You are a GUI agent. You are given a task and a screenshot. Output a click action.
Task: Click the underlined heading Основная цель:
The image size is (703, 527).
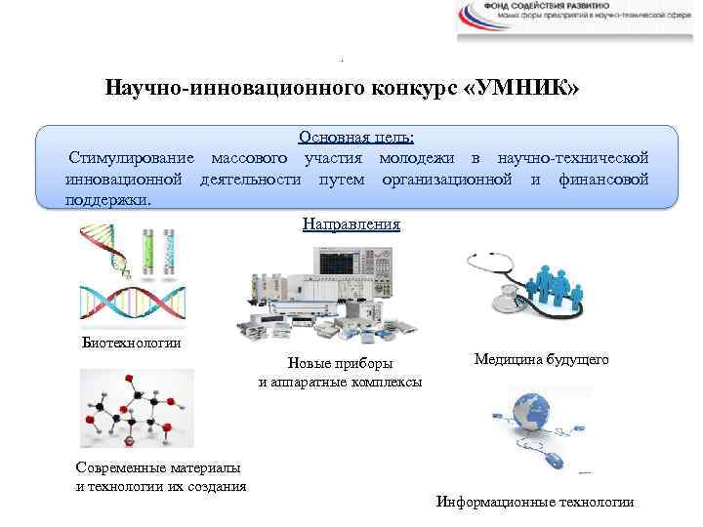[x=356, y=139]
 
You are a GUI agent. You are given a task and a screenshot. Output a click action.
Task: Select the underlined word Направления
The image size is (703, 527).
[x=351, y=224]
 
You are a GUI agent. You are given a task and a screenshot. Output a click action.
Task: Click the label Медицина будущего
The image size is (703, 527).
[x=541, y=360]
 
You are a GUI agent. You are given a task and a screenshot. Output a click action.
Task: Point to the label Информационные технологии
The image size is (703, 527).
[x=535, y=502]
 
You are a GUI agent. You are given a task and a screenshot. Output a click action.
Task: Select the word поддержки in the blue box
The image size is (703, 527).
[x=106, y=199]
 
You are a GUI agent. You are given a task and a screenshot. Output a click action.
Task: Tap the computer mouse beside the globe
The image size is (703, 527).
[x=555, y=458]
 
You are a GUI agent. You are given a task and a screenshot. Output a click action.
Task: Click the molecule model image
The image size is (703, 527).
[x=137, y=410]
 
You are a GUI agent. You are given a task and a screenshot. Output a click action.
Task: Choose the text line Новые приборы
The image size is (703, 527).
[x=341, y=364]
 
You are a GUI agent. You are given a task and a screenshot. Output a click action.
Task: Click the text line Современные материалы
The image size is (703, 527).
[x=145, y=468]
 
